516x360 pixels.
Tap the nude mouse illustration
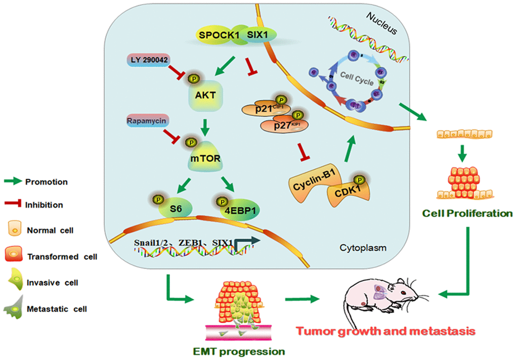point(383,301)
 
